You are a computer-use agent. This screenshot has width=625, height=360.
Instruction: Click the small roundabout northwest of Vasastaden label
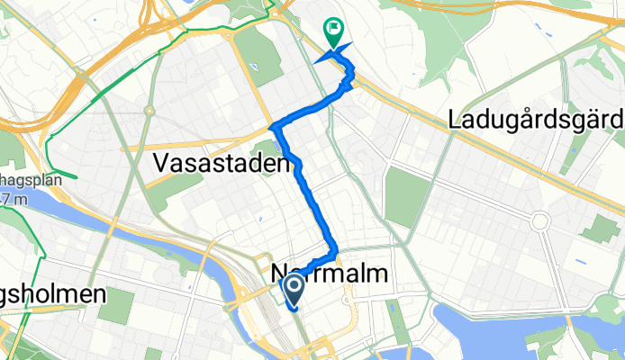tap(149, 111)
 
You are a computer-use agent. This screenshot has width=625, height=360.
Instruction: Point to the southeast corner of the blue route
tap(334, 251)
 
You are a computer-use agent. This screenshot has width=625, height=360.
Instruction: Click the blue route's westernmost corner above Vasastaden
tap(276, 125)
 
